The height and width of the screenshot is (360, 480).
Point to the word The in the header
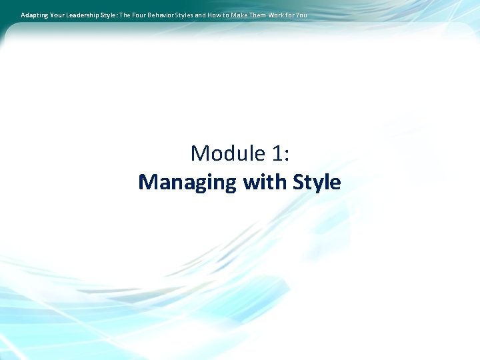(125, 15)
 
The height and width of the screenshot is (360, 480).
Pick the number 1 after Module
(277, 153)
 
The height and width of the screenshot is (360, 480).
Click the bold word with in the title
(264, 182)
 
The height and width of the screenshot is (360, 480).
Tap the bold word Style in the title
(315, 182)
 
